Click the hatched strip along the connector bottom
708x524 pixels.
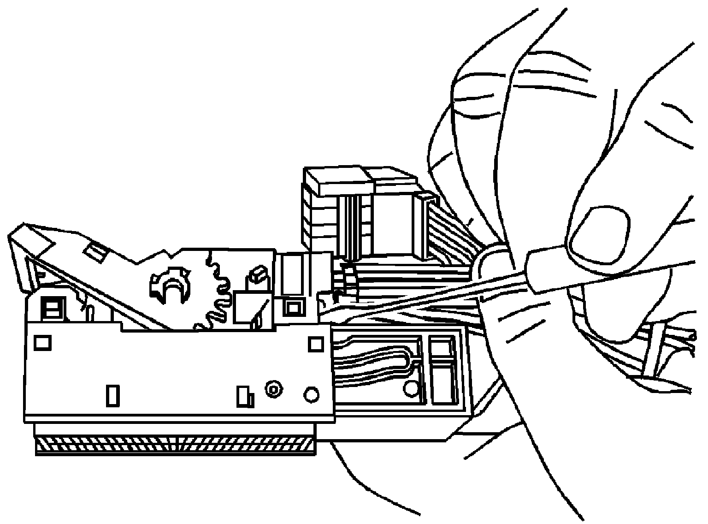[175, 445]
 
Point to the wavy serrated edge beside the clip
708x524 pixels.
[217, 291]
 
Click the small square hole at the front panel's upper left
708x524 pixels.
[43, 342]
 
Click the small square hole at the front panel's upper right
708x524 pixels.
[316, 344]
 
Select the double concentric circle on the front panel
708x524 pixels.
[273, 390]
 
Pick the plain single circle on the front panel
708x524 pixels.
[311, 394]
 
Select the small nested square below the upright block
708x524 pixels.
[292, 307]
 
